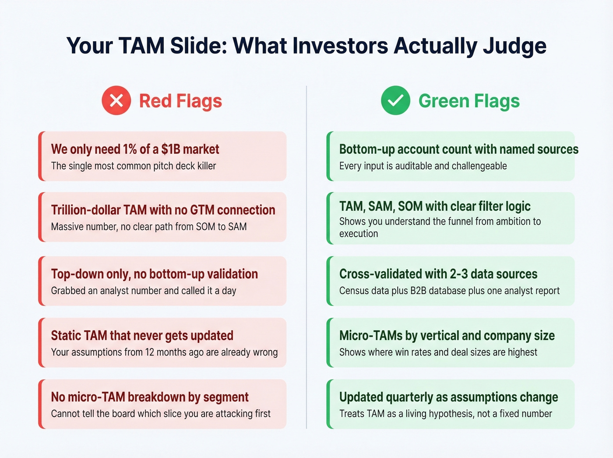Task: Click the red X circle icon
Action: coord(116,101)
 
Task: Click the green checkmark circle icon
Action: coord(395,101)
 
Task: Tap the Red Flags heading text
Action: coord(180,101)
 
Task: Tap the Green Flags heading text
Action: coord(469,101)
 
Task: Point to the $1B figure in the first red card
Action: coord(170,149)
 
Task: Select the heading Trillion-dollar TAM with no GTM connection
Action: coord(163,210)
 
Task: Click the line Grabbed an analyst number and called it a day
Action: coord(143,291)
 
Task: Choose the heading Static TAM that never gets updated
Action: coord(142,336)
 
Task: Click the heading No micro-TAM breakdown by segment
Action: coord(150,397)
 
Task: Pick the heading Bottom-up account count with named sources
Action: coord(458,149)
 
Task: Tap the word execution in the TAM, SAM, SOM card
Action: coord(358,234)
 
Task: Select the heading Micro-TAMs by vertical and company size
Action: coord(447,336)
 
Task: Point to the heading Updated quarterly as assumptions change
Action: coord(448,397)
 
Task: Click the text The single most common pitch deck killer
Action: coord(134,166)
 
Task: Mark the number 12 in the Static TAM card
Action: coord(150,352)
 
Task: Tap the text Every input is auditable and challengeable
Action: coord(423,166)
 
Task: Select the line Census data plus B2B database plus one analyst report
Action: coord(449,291)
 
